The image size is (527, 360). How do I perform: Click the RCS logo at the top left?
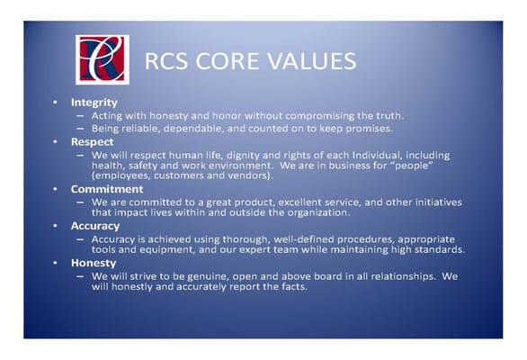tap(102, 59)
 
